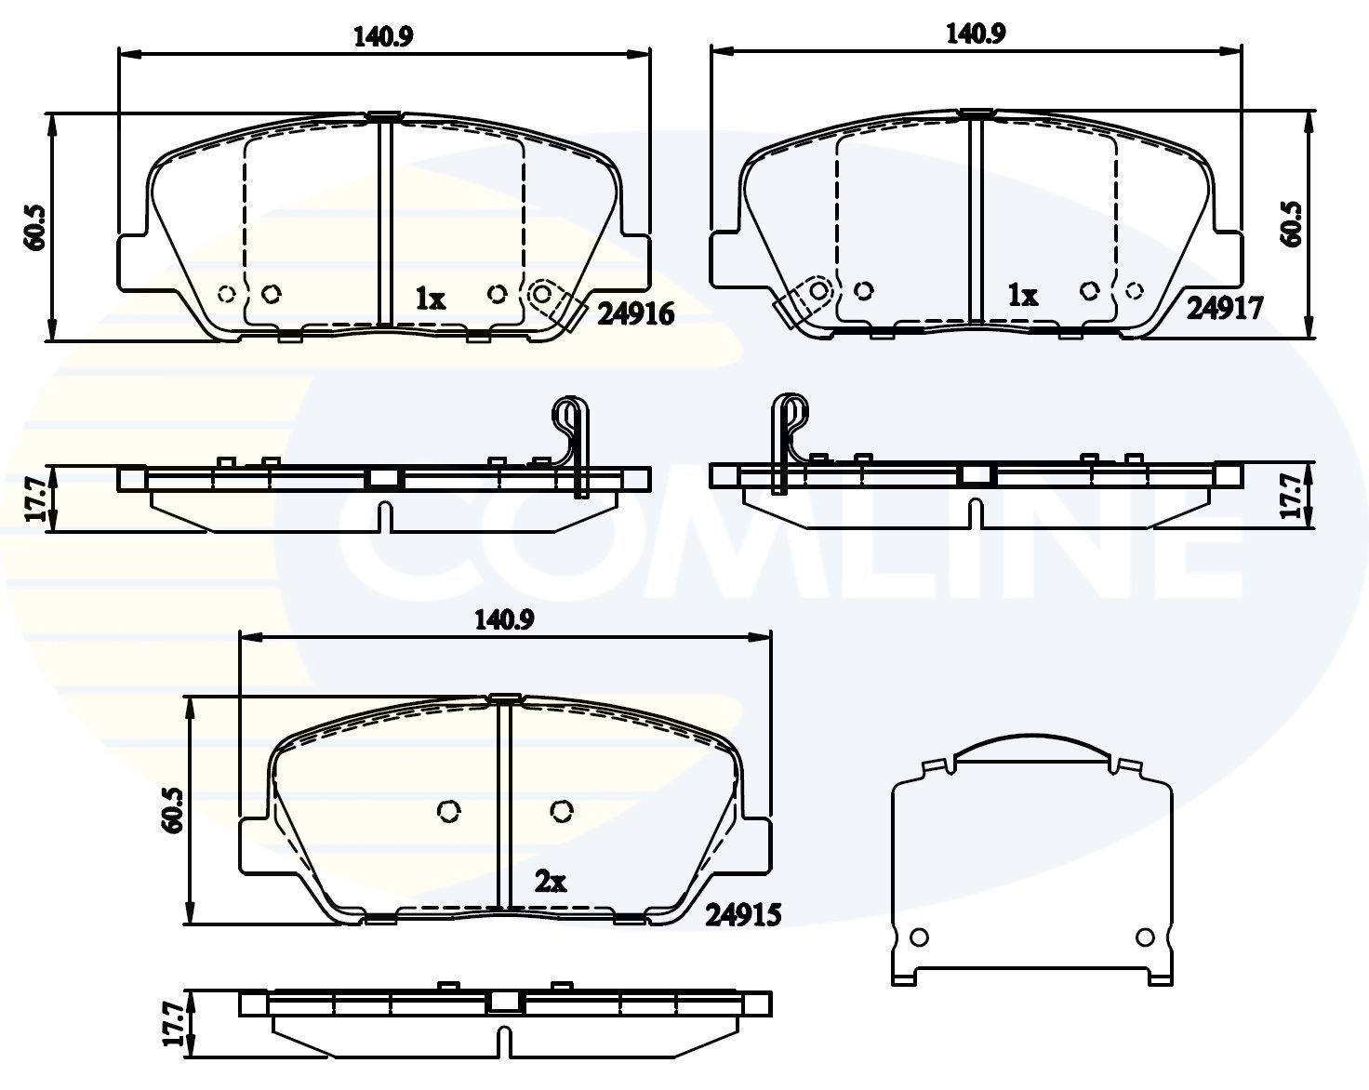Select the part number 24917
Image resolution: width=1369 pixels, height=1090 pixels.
(1224, 308)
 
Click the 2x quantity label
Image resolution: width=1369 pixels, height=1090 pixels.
(551, 882)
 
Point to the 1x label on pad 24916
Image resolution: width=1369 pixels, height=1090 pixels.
(431, 299)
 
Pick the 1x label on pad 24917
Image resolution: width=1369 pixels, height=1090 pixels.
(1023, 296)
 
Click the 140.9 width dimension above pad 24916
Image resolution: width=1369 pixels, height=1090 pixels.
(383, 37)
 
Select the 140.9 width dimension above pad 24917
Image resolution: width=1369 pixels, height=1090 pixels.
(976, 33)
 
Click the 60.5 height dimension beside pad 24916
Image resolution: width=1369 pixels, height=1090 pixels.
(35, 227)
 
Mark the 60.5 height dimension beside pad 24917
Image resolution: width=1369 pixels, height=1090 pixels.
(1291, 224)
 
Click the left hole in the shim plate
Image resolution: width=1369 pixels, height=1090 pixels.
(919, 936)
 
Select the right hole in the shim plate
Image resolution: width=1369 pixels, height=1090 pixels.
(1145, 936)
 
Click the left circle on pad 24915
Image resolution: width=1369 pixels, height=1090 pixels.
(448, 812)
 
